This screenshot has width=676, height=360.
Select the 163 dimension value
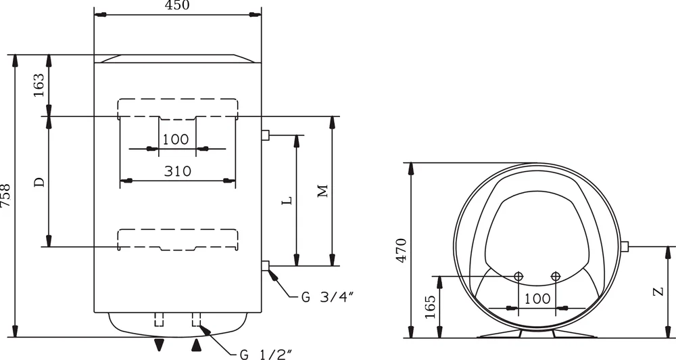(39, 85)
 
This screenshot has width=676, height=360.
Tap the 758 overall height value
(6, 196)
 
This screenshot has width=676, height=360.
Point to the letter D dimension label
(39, 181)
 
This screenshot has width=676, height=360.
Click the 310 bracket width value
(177, 171)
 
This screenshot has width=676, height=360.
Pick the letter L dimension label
(287, 201)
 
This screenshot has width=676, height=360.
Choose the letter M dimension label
(322, 192)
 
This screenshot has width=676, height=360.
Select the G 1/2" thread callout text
(266, 354)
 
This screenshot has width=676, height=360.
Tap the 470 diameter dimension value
(401, 250)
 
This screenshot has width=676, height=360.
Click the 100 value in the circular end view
(537, 298)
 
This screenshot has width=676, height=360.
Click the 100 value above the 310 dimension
(176, 139)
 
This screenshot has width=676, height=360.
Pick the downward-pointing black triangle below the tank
(159, 345)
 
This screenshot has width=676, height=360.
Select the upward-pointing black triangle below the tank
(197, 346)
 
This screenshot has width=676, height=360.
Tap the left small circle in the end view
(518, 275)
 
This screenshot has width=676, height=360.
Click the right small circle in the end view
(556, 275)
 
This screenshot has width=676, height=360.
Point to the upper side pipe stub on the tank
(265, 135)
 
